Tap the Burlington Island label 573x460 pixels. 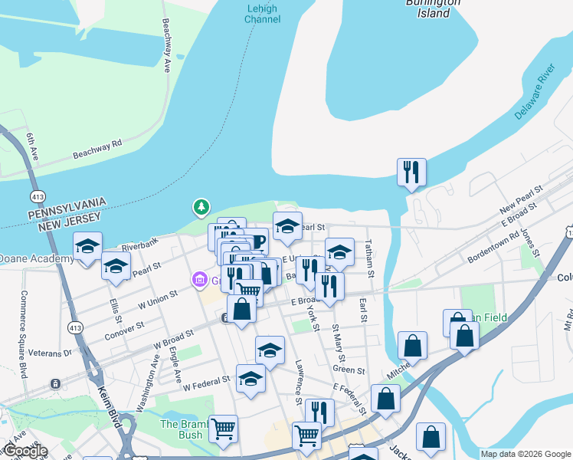click(434, 8)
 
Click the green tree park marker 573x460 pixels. click(201, 207)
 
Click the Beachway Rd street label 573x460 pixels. click(97, 149)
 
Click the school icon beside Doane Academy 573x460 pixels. click(88, 246)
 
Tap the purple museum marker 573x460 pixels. click(201, 279)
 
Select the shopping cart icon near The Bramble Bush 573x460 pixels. click(222, 429)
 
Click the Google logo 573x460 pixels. click(25, 451)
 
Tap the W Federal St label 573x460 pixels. click(206, 380)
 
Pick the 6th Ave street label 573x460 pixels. click(31, 146)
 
